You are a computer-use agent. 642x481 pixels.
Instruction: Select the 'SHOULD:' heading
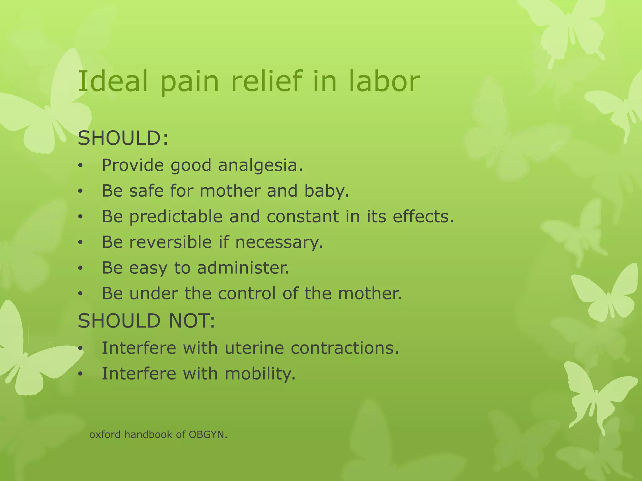pos(123,138)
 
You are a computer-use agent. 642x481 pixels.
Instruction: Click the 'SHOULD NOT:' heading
pos(146,321)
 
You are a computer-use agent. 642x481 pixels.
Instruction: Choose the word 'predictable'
pos(176,216)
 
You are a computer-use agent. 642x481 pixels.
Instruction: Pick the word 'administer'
pos(242,268)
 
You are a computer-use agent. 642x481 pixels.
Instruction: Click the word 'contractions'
pos(344,348)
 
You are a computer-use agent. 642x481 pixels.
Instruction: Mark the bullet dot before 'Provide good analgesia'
pos(81,166)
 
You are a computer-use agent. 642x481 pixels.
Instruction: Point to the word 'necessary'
pos(278,243)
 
